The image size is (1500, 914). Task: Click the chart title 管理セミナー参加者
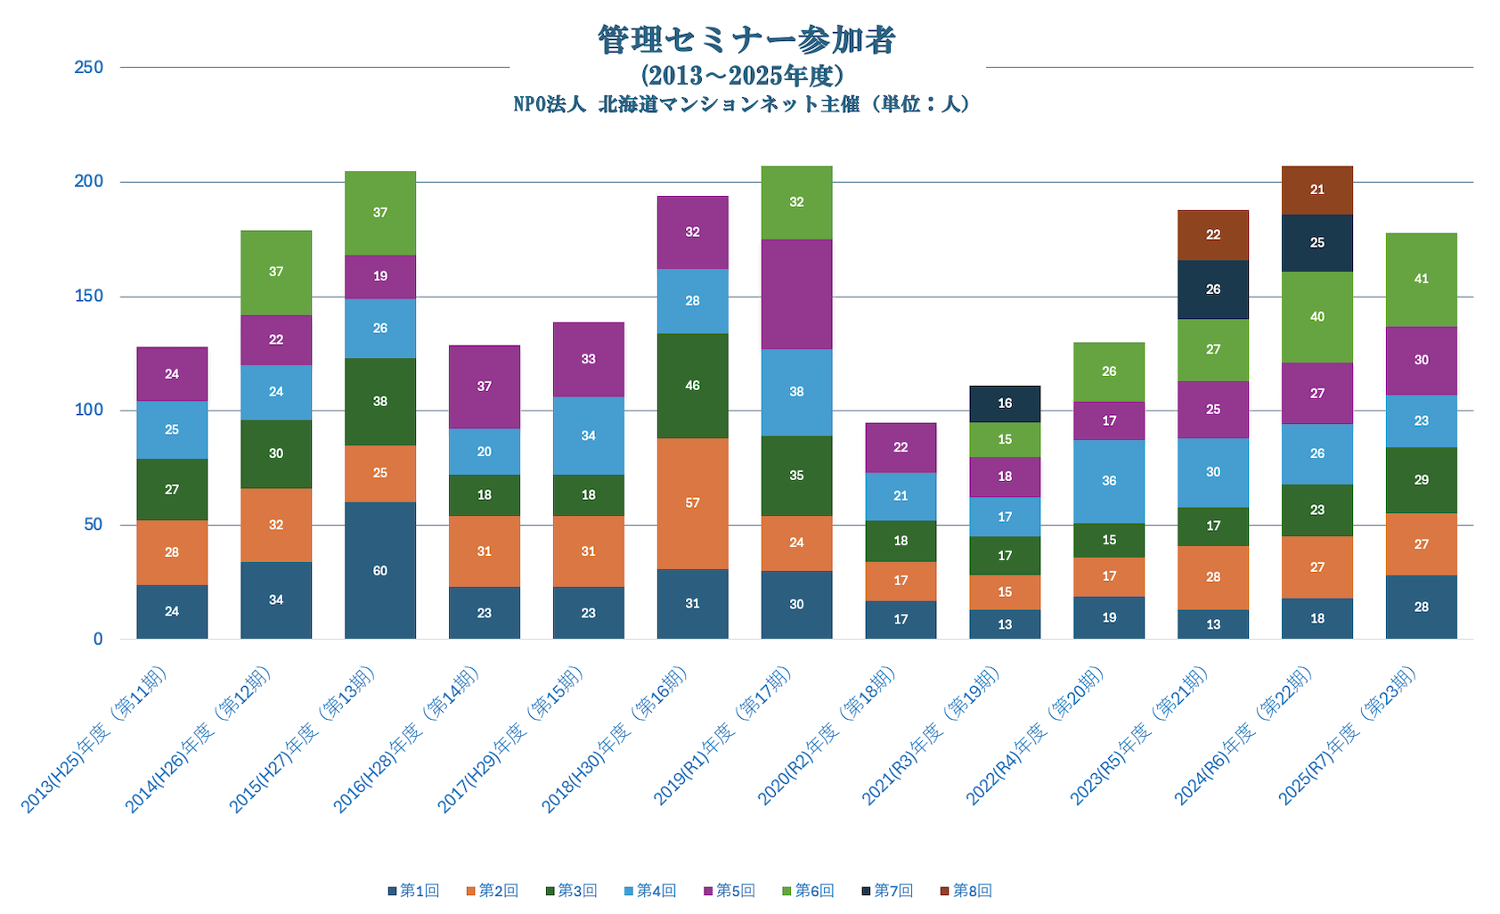click(746, 40)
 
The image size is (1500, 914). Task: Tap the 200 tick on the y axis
click(88, 182)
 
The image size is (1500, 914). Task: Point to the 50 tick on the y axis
click(93, 525)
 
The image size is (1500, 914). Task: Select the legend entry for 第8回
click(966, 891)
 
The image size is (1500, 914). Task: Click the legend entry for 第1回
click(413, 891)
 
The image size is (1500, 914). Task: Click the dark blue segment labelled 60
click(380, 570)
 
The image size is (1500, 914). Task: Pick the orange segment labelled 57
click(692, 503)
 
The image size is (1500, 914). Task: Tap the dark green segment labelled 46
click(692, 386)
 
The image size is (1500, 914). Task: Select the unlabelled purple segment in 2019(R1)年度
click(796, 294)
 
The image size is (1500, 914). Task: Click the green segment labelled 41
click(1421, 280)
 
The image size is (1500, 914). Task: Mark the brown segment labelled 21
click(1317, 190)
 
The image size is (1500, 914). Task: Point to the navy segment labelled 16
click(1005, 404)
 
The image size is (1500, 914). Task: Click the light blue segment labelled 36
click(1108, 481)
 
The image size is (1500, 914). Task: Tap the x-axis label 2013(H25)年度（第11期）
click(94, 739)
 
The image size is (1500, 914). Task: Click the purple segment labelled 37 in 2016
click(484, 387)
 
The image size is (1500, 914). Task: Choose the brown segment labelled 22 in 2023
click(1212, 235)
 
